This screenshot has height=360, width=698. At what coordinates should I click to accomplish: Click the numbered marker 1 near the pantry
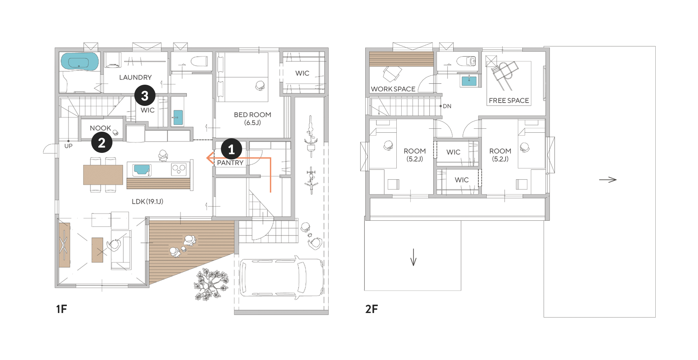231,149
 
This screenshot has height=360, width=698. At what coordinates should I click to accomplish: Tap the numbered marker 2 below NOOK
102,142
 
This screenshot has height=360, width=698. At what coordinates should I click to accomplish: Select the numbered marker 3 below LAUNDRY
145,95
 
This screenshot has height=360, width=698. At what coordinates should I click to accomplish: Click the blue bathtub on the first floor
79,62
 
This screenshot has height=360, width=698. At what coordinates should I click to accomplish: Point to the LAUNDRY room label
135,77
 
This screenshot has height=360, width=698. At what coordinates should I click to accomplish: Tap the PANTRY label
230,163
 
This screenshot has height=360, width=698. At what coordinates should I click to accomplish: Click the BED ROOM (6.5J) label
252,118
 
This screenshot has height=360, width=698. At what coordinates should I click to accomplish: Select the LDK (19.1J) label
148,202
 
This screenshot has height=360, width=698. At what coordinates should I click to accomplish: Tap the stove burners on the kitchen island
179,169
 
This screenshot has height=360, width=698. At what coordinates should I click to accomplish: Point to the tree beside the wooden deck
211,284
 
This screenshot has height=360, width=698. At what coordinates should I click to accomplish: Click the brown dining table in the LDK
103,175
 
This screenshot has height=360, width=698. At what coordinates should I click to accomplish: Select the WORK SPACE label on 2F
393,89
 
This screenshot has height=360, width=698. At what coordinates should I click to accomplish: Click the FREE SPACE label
509,101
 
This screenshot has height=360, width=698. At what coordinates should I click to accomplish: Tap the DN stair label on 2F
447,106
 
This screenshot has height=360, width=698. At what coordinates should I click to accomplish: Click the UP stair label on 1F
68,146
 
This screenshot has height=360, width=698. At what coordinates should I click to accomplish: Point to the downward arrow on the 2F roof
414,257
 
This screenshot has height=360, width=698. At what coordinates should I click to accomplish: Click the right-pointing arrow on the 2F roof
608,180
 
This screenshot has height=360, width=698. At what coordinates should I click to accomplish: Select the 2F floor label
371,309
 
